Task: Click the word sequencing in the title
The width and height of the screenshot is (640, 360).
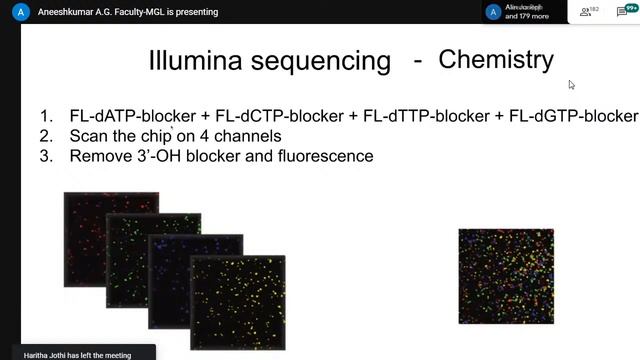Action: click(322, 62)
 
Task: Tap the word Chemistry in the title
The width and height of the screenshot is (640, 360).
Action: click(496, 59)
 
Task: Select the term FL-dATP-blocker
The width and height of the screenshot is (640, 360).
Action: click(133, 116)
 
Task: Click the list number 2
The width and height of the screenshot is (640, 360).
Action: click(46, 136)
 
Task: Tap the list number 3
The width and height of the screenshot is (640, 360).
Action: click(46, 156)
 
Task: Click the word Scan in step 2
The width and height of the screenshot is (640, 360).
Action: click(88, 136)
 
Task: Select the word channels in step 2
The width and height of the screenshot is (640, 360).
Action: click(250, 136)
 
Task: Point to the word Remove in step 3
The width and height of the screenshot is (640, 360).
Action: click(100, 156)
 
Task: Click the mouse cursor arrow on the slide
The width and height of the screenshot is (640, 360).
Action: click(571, 85)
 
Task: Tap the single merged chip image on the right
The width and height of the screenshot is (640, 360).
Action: click(506, 277)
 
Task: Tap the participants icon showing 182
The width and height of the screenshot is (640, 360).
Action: click(589, 12)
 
